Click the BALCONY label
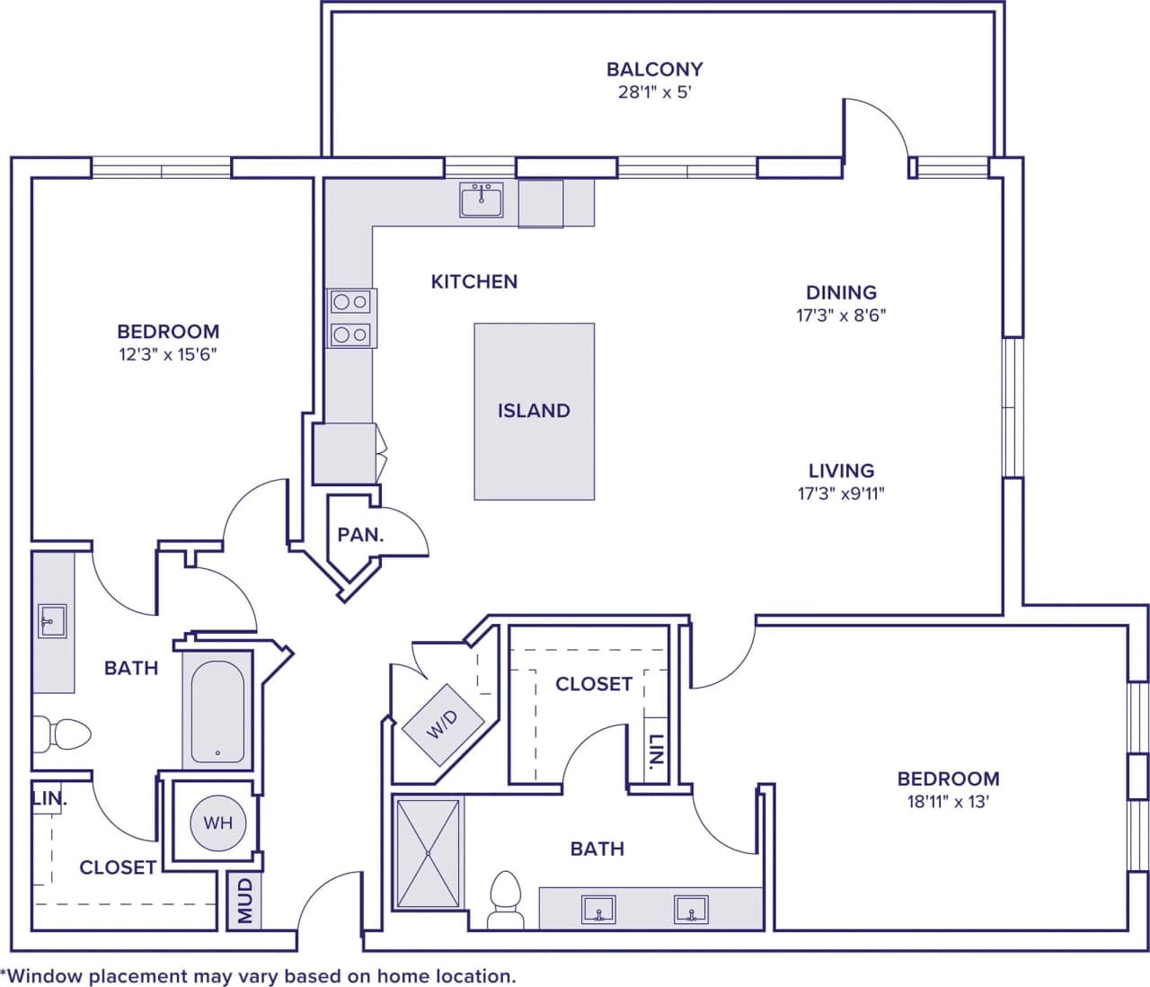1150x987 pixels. tap(654, 69)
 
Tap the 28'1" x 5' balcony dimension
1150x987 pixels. tap(654, 92)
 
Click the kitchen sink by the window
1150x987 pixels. tap(482, 200)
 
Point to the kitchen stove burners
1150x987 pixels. tap(350, 318)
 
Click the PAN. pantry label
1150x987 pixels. tap(360, 535)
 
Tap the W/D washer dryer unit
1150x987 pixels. tap(442, 724)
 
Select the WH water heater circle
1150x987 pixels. tap(217, 822)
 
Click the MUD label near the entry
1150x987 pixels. tap(244, 901)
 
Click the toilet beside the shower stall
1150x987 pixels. tap(506, 899)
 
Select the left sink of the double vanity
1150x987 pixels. tap(597, 909)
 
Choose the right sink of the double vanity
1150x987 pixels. tap(691, 909)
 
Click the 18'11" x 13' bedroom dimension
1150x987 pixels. tap(948, 802)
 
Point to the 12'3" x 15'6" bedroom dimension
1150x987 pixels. tap(168, 354)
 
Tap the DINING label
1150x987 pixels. tap(841, 292)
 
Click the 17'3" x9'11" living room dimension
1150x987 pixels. tap(841, 493)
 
